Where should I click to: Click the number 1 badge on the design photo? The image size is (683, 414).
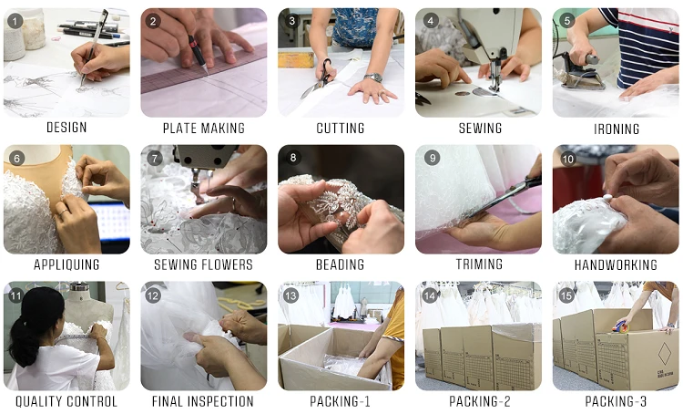[x=15, y=21]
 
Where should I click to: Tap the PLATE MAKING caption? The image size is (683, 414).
[x=204, y=129]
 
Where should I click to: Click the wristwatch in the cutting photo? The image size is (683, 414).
[x=373, y=78]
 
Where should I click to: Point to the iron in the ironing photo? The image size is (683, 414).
[x=583, y=72]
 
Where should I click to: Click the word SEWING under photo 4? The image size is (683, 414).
[x=480, y=129]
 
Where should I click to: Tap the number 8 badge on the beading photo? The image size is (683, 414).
[x=292, y=158]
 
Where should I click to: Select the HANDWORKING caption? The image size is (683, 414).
[x=616, y=264]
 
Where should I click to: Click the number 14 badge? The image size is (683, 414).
[x=430, y=295]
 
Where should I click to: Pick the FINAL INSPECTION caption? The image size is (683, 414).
[x=203, y=401]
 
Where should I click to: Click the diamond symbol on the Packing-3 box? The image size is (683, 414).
[x=664, y=354]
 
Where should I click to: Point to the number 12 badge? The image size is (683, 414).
[x=152, y=295]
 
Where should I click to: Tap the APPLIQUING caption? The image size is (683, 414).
[x=66, y=264]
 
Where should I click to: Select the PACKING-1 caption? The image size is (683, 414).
[x=341, y=401]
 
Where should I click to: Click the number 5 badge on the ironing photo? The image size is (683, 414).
[x=566, y=20]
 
